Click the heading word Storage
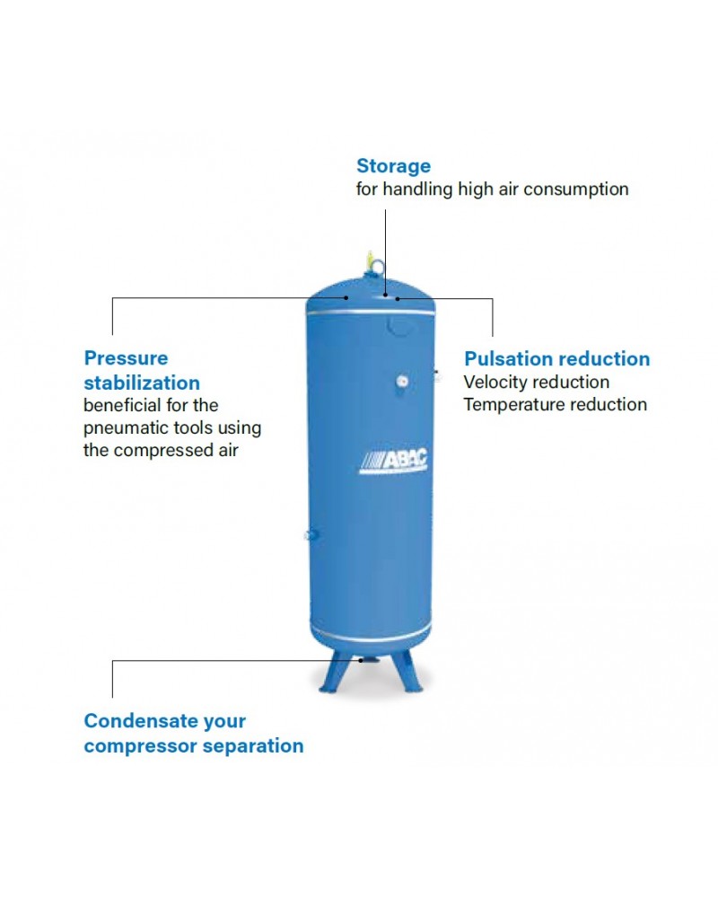point(393,166)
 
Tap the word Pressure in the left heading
point(126,358)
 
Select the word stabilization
point(142,383)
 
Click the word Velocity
point(497,383)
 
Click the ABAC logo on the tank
point(394,460)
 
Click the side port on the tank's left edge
point(311,536)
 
